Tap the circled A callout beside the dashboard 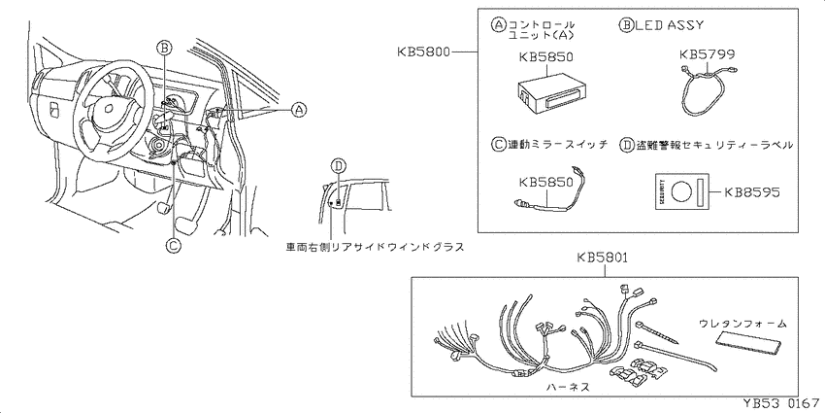(x=299, y=110)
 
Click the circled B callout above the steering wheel (x=165, y=46)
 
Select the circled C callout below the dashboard (x=173, y=247)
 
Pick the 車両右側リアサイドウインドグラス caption (x=375, y=248)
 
